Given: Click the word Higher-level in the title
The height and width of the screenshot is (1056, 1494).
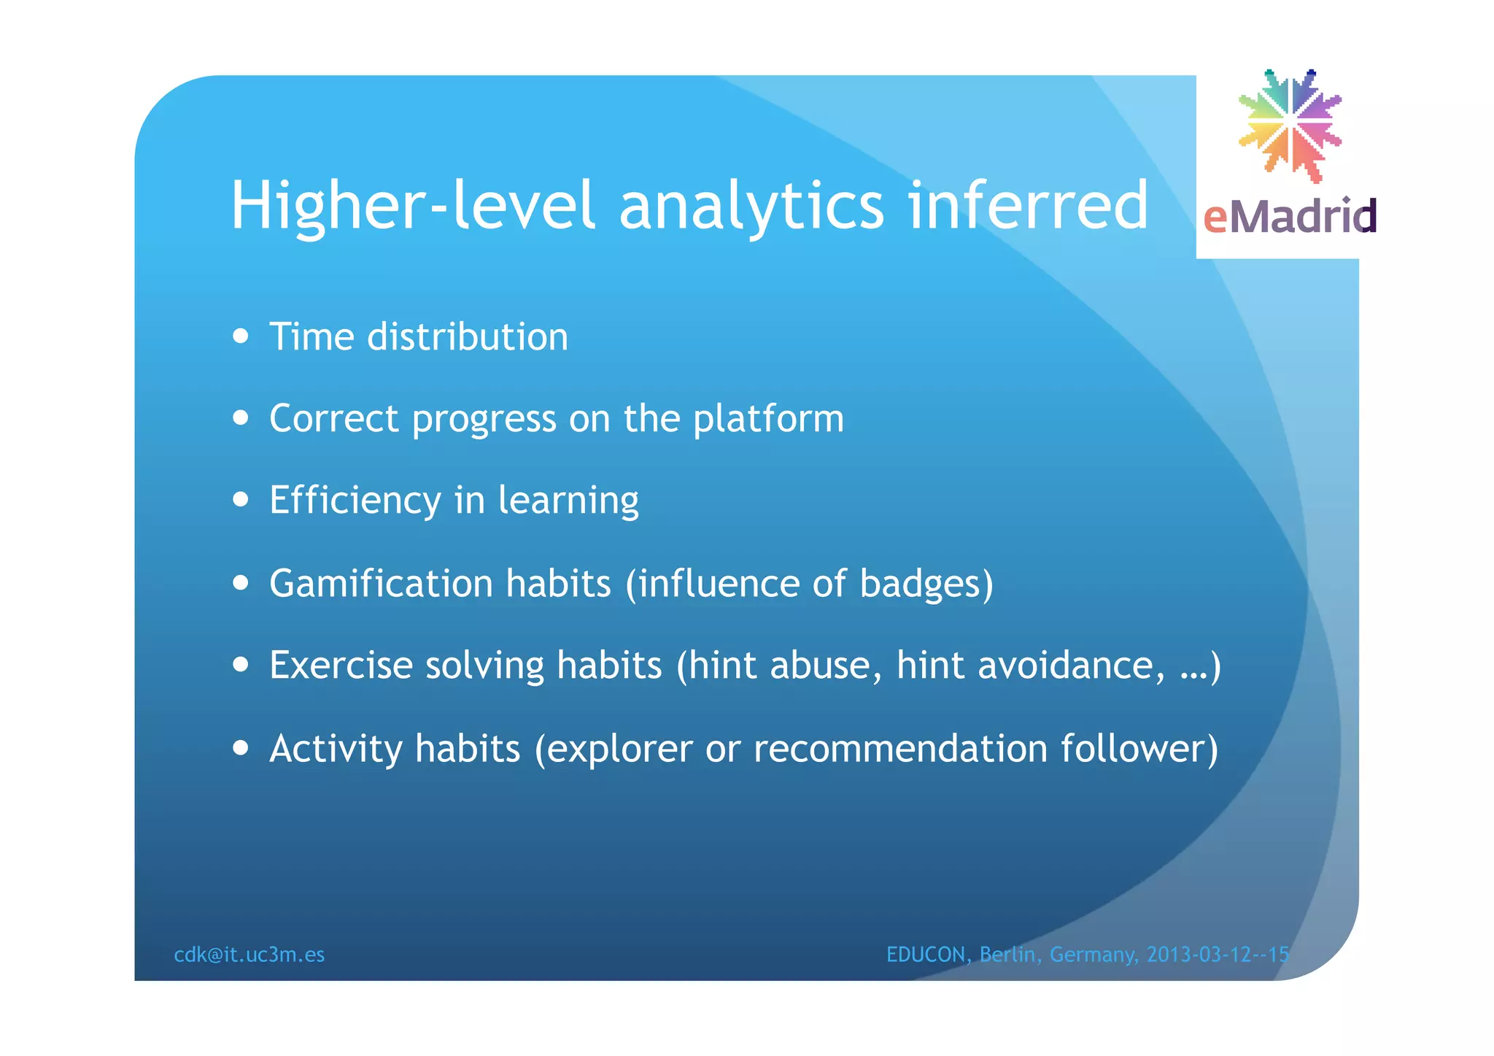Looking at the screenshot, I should [x=412, y=207].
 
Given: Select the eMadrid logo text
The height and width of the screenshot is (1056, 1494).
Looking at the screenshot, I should [x=1289, y=217].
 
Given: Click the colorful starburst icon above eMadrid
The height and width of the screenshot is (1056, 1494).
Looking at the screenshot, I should [x=1290, y=125].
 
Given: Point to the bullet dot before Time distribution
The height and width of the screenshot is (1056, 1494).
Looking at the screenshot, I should [x=241, y=337].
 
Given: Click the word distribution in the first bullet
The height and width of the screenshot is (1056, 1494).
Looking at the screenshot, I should [x=467, y=337].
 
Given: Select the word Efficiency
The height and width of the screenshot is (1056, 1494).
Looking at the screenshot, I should [x=355, y=501].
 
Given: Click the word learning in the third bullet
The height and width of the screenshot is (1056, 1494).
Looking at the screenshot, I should [x=568, y=501].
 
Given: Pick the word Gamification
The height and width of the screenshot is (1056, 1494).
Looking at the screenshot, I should [x=381, y=584].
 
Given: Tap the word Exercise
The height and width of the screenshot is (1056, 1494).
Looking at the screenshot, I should [x=341, y=666].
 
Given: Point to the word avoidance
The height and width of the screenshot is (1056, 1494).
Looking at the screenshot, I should [x=1069, y=666].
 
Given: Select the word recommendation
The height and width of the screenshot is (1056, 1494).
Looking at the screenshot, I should [x=900, y=749].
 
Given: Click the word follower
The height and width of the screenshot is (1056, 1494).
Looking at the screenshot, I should [x=1133, y=749].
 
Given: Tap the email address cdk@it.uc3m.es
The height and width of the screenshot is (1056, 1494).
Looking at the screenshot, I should [x=249, y=955].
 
